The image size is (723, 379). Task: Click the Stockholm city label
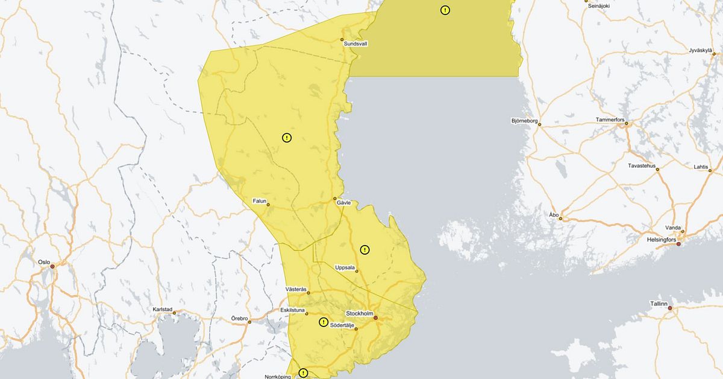(x=359, y=314)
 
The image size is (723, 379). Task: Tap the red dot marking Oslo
(x=52, y=266)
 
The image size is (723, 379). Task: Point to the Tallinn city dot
(x=669, y=308)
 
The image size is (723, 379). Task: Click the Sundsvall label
(x=355, y=44)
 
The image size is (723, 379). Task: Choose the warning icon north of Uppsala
(x=365, y=249)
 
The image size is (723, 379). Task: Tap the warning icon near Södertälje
(x=324, y=322)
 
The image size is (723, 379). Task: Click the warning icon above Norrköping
(x=303, y=373)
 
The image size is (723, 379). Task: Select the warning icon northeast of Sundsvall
(x=445, y=10)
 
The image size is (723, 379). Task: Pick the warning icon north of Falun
(x=287, y=138)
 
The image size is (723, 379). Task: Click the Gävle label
(x=343, y=203)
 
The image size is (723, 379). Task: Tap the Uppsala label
(x=346, y=267)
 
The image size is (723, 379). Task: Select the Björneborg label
(x=524, y=120)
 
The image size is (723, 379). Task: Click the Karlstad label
(x=163, y=309)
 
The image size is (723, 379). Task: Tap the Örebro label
(x=240, y=317)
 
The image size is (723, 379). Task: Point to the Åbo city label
(x=554, y=214)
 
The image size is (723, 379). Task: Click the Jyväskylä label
(x=701, y=51)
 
